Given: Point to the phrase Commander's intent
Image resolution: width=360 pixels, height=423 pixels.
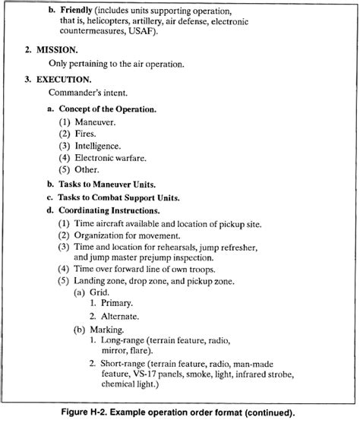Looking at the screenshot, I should pyautogui.click(x=87, y=93).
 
